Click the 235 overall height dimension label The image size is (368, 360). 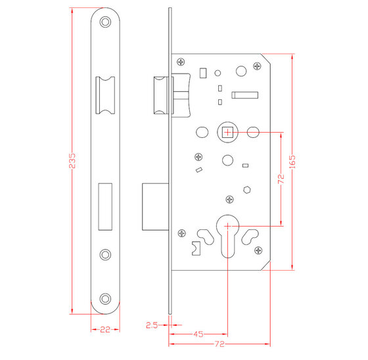(x=73, y=161)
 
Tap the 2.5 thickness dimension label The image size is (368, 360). (x=151, y=325)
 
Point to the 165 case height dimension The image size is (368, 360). (x=299, y=161)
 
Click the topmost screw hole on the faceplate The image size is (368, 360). (x=105, y=22)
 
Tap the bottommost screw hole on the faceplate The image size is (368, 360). (x=105, y=300)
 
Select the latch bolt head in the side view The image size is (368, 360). (x=161, y=98)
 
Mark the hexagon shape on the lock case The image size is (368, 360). (x=246, y=191)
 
